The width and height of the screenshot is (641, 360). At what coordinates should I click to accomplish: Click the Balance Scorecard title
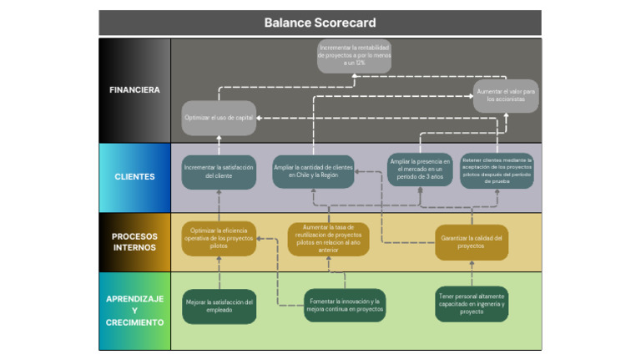coord(320,23)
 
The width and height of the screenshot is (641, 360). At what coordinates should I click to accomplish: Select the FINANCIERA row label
coord(134,89)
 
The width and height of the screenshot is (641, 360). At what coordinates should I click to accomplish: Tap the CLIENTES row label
coord(134,177)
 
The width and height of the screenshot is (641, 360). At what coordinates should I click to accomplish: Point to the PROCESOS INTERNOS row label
coord(134,241)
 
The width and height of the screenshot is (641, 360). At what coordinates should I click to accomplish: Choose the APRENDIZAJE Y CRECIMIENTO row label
coord(134,310)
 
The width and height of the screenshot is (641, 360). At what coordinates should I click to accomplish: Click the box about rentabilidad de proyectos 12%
coord(354,56)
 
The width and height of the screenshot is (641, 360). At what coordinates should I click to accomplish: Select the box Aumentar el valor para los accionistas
coord(506,94)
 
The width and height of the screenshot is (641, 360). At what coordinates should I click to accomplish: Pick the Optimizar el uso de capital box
coord(219,118)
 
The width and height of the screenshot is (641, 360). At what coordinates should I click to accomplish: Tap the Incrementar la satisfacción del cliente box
coord(219,172)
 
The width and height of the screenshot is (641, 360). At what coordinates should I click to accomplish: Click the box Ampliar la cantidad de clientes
coord(314,172)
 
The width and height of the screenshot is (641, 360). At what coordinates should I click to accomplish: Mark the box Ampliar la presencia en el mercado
coord(420,170)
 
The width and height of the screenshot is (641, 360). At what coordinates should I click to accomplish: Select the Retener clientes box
coord(497,170)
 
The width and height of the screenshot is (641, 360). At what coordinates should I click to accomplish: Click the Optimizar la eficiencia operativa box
coord(219,238)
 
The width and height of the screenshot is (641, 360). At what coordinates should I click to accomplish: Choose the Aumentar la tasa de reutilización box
coord(328,238)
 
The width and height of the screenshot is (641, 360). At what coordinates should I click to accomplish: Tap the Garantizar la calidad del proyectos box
coord(472,241)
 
